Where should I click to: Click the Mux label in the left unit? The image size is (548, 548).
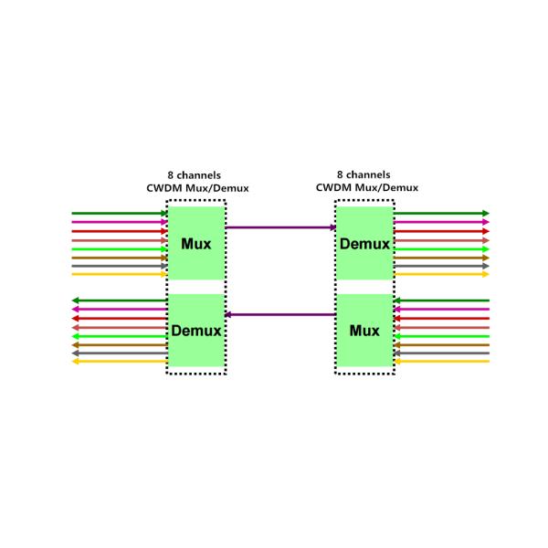point(195,244)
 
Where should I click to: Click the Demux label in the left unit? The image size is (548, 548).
point(195,331)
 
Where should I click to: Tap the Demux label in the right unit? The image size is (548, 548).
point(364,244)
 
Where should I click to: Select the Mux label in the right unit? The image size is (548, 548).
point(364,331)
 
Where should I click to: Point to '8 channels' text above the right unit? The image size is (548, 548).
point(364,174)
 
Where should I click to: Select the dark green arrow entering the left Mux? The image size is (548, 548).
point(119,214)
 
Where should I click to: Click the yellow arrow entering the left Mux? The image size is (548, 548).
point(119,274)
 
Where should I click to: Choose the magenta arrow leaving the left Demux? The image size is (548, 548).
point(119,310)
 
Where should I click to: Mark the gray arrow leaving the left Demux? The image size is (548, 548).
point(119,353)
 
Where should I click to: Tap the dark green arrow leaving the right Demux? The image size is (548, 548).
point(441,214)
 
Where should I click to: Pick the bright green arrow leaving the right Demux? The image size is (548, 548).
point(441,248)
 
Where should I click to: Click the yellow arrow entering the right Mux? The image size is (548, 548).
point(441,362)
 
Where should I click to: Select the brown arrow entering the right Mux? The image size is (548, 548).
point(441,344)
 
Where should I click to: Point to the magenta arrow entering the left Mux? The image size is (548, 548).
point(119,222)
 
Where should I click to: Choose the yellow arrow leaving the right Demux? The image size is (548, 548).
point(441,274)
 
